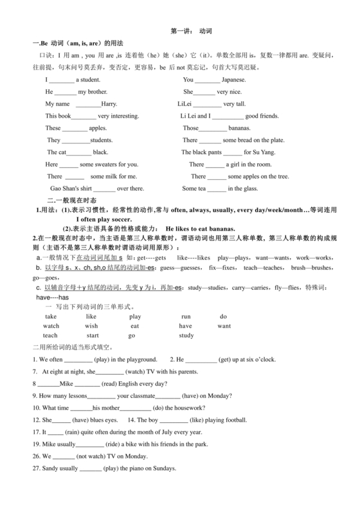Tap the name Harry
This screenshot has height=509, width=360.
pyautogui.click(x=109, y=103)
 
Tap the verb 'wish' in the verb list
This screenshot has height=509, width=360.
pyautogui.click(x=91, y=326)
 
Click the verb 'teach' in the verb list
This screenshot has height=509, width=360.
pyautogui.click(x=50, y=335)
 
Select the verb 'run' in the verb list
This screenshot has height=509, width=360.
pyautogui.click(x=186, y=317)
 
